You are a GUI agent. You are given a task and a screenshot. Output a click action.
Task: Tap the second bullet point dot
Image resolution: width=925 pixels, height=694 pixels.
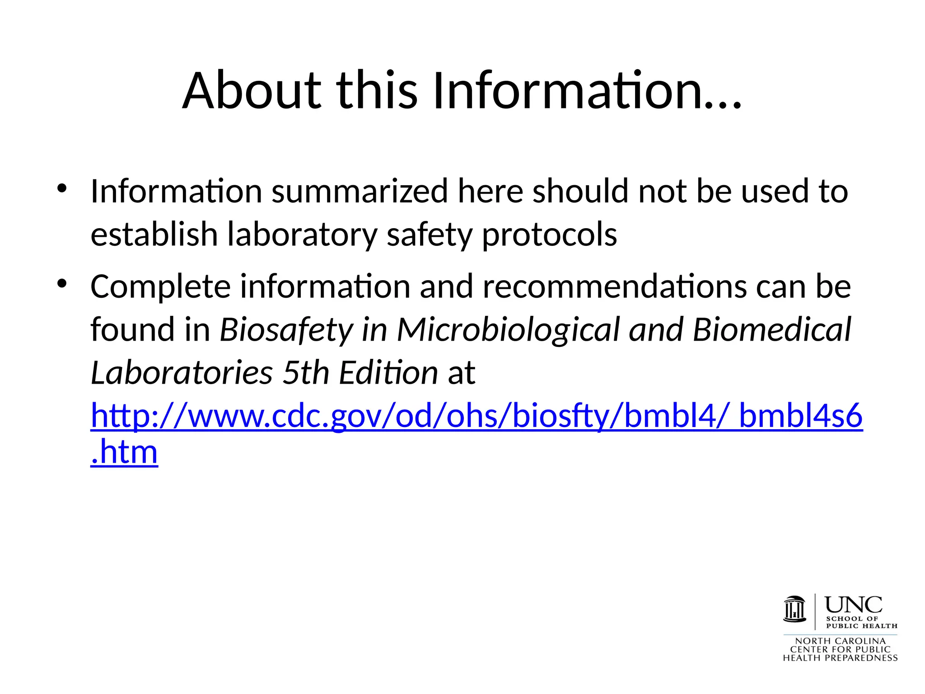click(x=62, y=284)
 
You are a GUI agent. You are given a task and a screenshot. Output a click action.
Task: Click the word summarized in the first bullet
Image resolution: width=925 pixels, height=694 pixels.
click(x=360, y=191)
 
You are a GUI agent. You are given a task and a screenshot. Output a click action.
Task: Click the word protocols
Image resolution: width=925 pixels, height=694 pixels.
click(x=549, y=235)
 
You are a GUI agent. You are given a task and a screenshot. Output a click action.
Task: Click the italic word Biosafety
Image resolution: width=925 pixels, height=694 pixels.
click(x=286, y=330)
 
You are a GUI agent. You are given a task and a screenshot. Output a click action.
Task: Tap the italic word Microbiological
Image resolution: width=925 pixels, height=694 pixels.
click(x=508, y=330)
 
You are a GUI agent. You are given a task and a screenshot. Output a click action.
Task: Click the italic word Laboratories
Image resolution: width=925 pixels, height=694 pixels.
click(x=182, y=373)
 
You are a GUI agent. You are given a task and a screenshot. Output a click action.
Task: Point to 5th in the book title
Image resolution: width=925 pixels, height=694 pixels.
click(x=306, y=373)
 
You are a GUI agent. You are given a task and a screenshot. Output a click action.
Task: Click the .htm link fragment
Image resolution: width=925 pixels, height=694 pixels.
click(x=124, y=452)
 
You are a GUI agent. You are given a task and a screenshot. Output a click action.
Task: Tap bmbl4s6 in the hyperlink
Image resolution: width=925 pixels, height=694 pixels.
click(x=800, y=416)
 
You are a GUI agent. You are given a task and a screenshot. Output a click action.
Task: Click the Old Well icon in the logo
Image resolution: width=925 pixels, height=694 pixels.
click(x=794, y=609)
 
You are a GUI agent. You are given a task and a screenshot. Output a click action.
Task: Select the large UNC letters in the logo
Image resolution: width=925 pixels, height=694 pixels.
click(x=853, y=605)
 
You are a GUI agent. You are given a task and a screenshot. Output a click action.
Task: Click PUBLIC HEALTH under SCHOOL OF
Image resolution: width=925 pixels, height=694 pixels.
click(x=861, y=626)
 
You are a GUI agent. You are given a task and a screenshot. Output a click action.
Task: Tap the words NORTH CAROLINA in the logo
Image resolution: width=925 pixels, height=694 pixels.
click(x=840, y=641)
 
